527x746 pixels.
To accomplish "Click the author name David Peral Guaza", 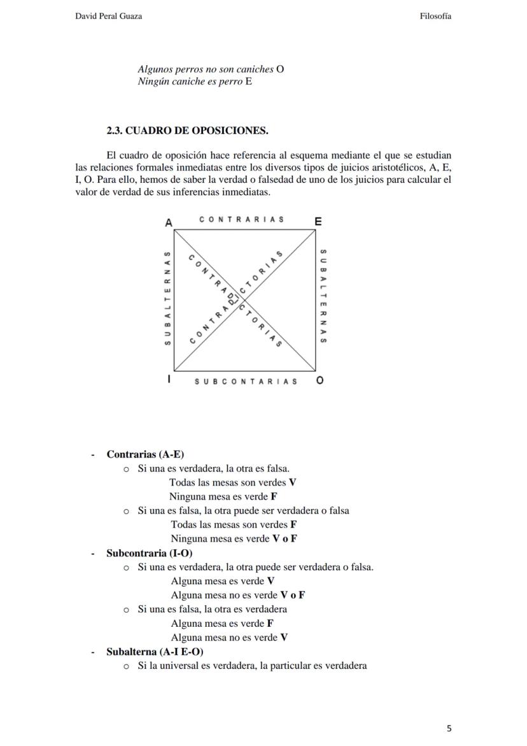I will tap(108, 16).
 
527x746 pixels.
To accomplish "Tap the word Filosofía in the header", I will tap(435, 16).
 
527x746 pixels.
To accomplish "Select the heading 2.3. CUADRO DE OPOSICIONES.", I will tap(187, 131).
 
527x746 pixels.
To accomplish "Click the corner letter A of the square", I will tap(169, 222).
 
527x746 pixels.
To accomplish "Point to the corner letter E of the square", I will tap(318, 222).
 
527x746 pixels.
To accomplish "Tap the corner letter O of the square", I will tap(320, 380).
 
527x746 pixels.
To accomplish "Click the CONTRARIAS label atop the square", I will tap(241, 220).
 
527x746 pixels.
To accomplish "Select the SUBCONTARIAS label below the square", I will tap(246, 382).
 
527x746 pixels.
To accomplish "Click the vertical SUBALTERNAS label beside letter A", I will tap(167, 298).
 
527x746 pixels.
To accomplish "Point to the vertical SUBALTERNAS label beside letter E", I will tap(323, 296).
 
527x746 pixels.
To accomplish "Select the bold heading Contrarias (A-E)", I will tap(145, 454).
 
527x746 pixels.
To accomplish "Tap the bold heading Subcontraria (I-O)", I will tap(149, 553).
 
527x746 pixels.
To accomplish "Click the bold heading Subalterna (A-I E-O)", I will tap(155, 652).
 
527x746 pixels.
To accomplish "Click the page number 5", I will tap(449, 728).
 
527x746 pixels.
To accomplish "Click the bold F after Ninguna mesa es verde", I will tap(274, 496).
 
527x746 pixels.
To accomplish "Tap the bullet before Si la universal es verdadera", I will tap(126, 666).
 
